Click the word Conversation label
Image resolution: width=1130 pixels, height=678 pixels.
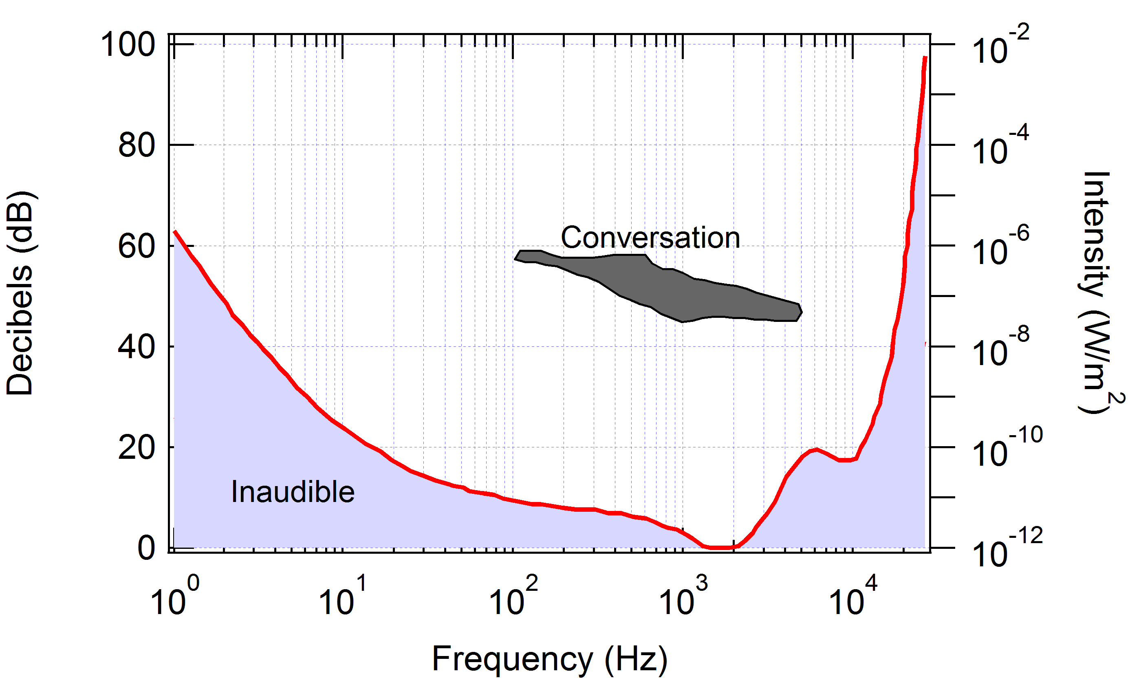click(650, 238)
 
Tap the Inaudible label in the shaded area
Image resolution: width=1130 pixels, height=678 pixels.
click(293, 492)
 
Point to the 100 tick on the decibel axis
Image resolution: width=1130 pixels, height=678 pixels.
click(128, 45)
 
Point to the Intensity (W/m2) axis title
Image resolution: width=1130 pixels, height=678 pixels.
click(1097, 293)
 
